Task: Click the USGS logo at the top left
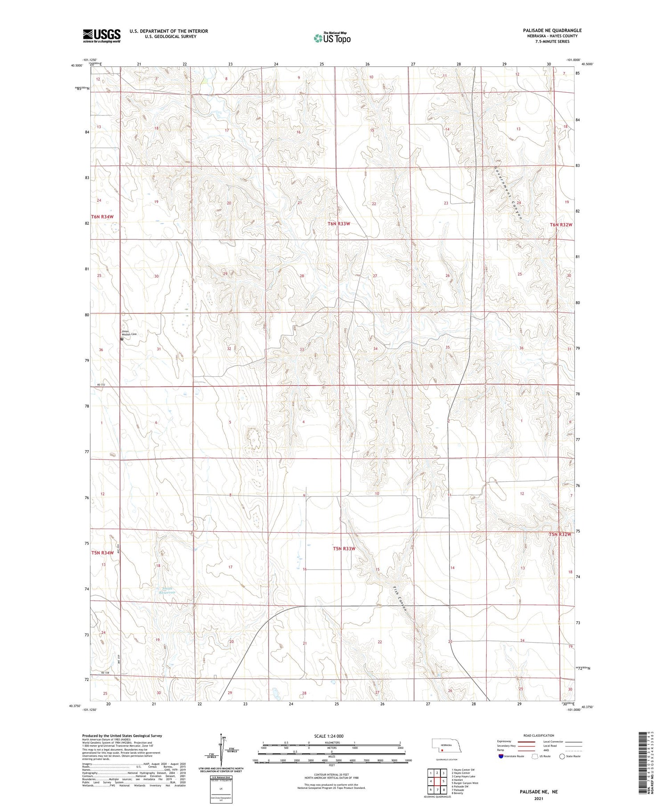tap(102, 36)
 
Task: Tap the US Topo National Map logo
tap(332, 38)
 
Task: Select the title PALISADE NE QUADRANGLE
tap(552, 30)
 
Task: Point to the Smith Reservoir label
tap(168, 591)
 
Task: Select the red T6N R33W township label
tap(339, 224)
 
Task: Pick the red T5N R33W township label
tap(344, 549)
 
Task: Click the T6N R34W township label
tap(102, 217)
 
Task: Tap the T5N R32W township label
tap(560, 534)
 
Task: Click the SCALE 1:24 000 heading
tap(329, 736)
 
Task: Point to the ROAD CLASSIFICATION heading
tap(539, 735)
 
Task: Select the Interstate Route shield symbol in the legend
tap(501, 756)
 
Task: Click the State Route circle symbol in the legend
tap(562, 756)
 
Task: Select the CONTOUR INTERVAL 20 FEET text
tap(332, 774)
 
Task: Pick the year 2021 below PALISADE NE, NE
tap(538, 798)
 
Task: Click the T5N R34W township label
tap(102, 553)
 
